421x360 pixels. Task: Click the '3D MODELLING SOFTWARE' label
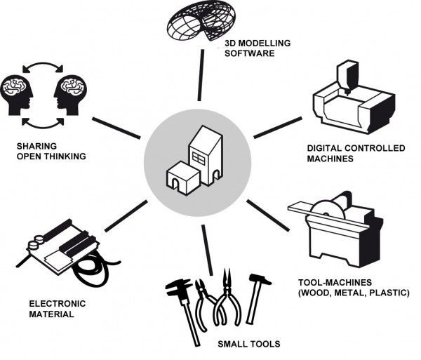[x=248, y=48]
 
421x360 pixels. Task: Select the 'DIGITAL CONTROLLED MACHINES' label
[x=347, y=154]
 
